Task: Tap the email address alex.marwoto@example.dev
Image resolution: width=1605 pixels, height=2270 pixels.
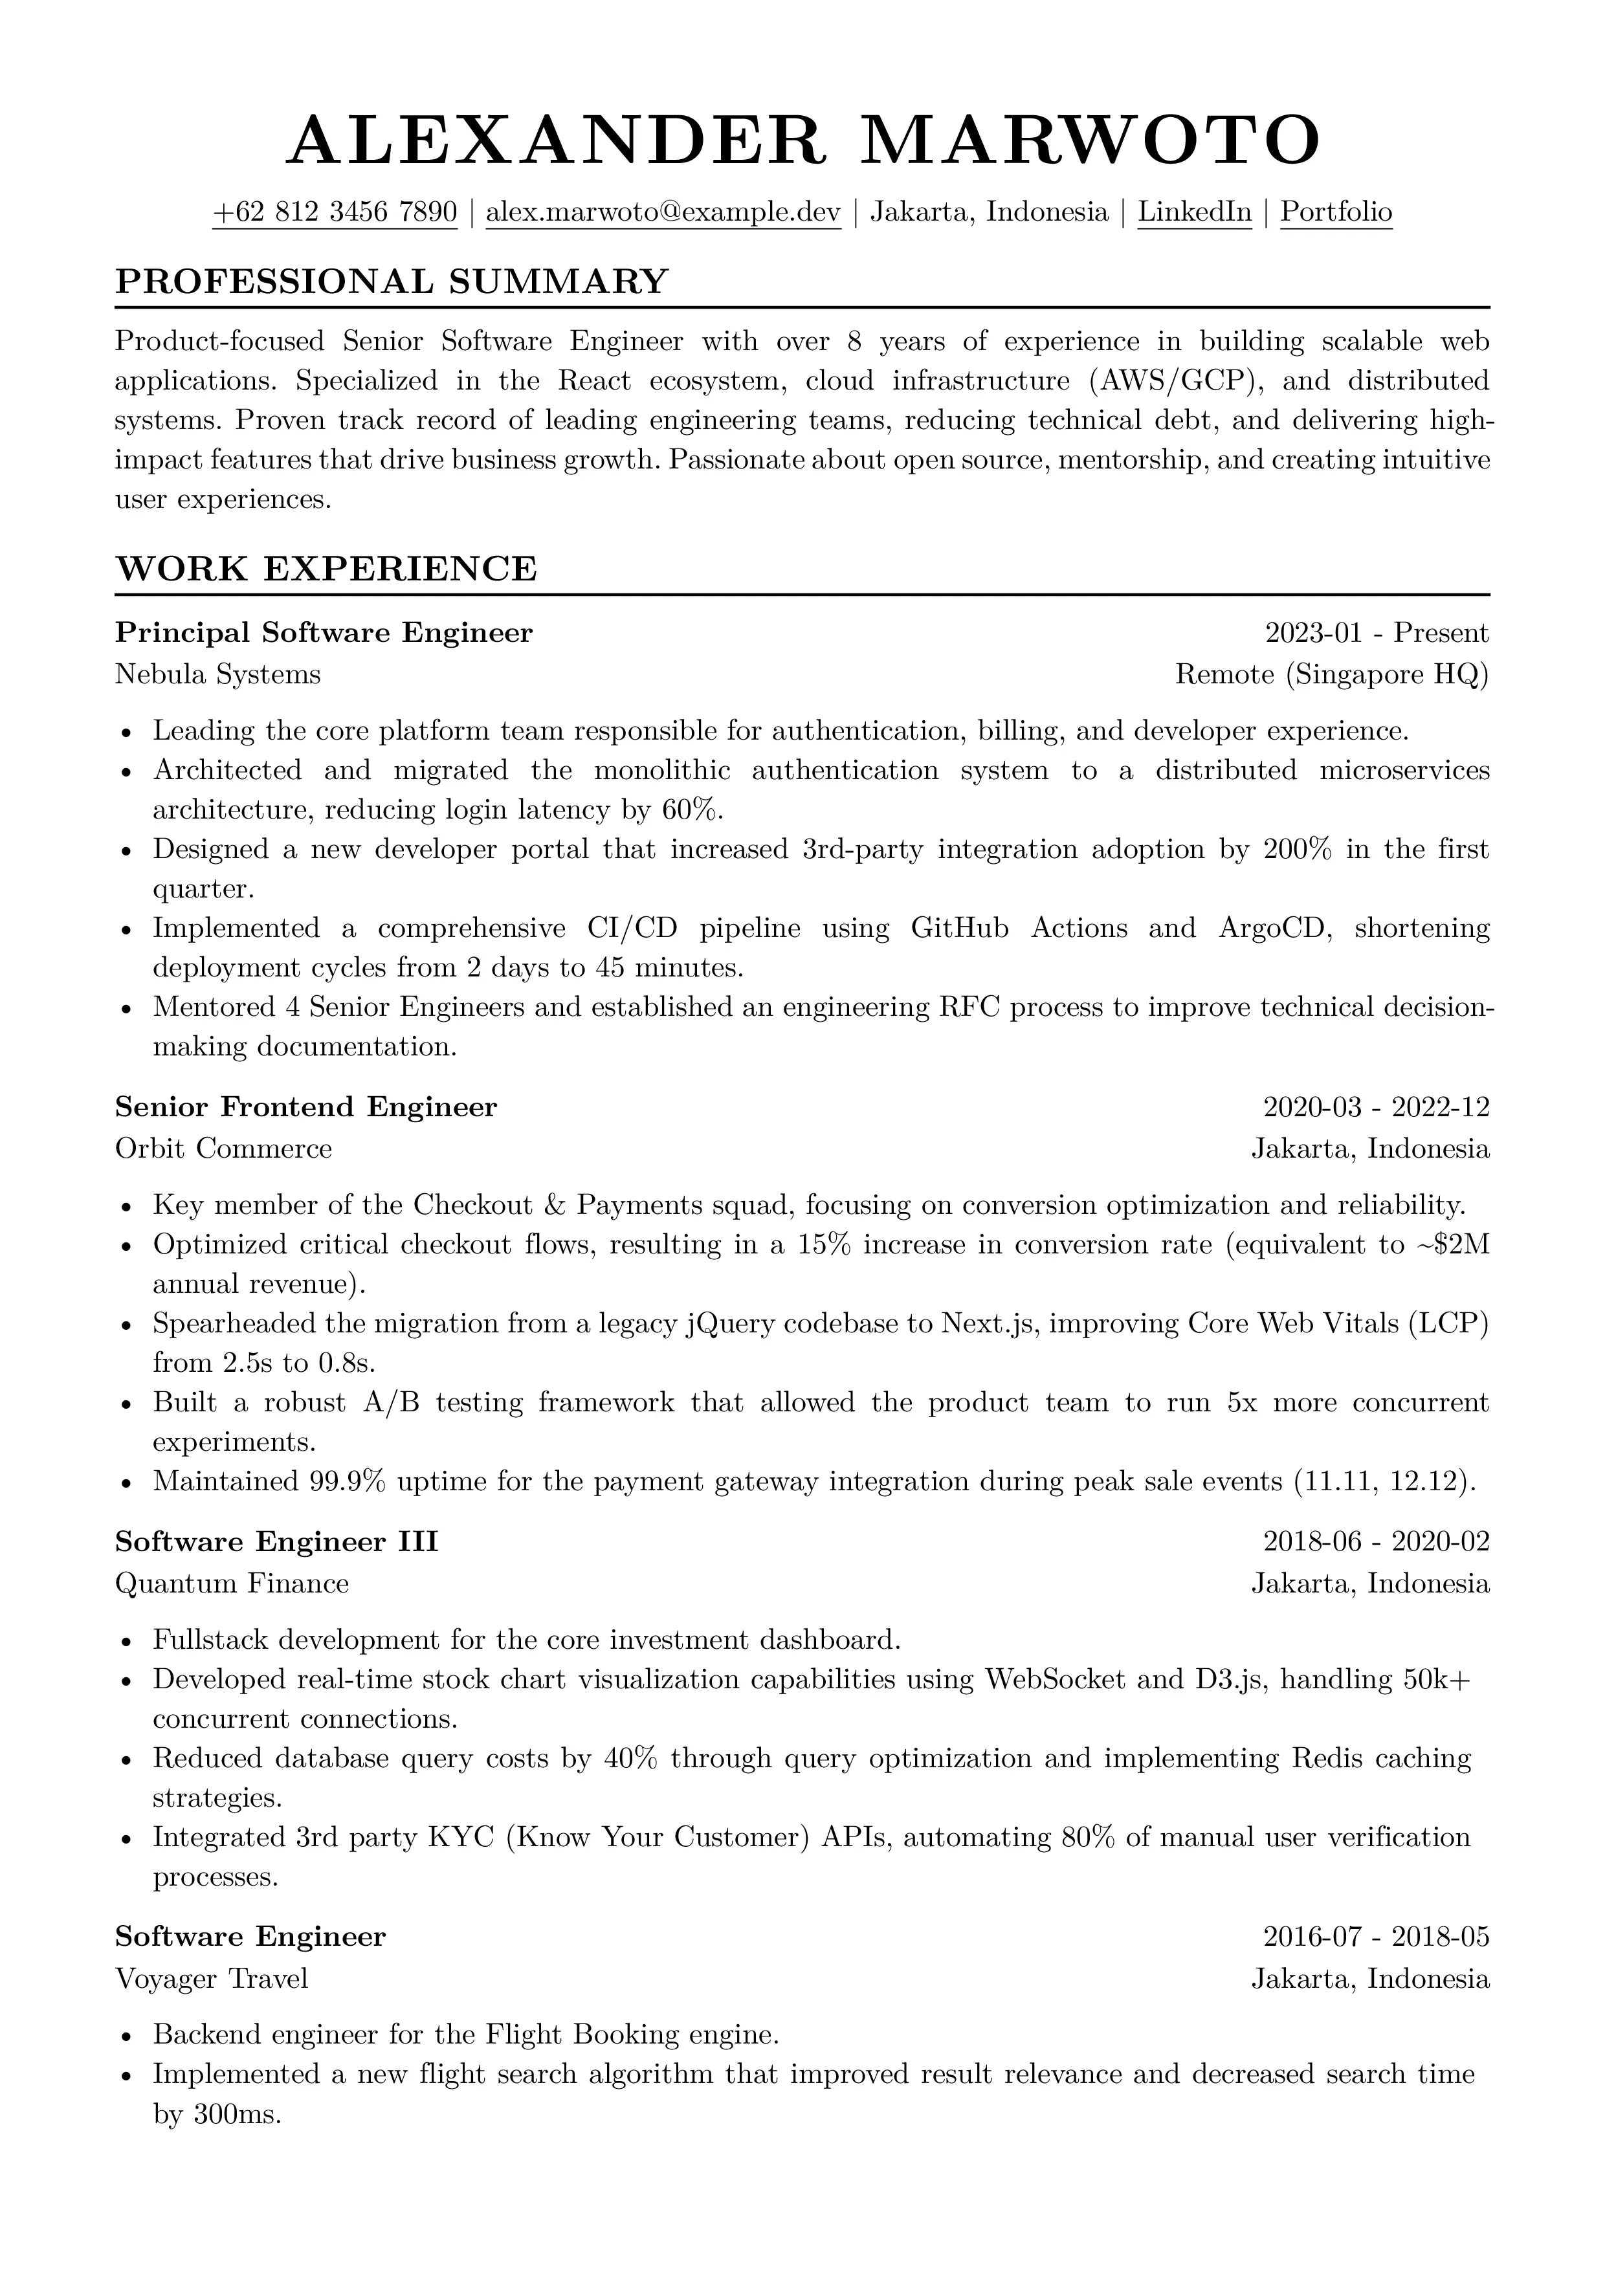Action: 663,212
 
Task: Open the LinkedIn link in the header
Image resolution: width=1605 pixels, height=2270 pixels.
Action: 1195,212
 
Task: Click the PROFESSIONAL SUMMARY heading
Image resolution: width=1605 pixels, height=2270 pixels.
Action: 392,281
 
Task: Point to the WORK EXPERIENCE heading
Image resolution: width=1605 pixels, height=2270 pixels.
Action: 326,569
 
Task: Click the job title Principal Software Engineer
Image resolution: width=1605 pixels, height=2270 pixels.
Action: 324,633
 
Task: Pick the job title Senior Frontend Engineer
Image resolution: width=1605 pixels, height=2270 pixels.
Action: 305,1107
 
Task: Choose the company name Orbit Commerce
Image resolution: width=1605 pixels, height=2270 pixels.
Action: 223,1149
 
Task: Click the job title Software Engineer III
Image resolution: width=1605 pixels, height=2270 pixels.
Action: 277,1542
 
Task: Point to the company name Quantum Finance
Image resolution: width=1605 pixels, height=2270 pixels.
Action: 232,1584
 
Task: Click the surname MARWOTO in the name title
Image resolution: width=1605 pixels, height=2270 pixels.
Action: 1090,140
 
